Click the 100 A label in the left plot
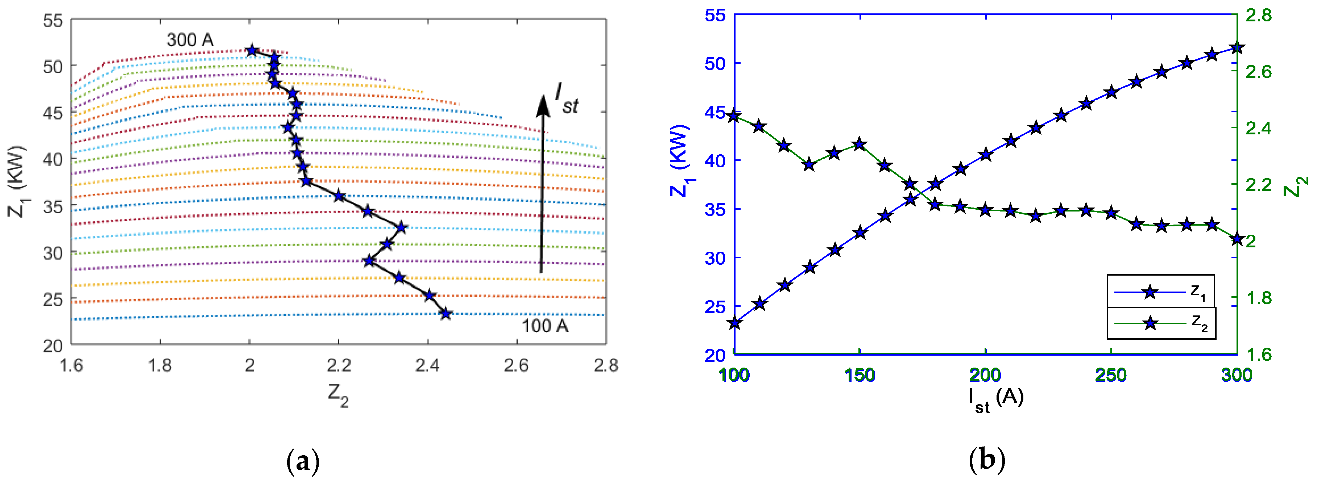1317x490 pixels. coord(544,326)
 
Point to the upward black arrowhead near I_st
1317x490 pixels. coord(543,105)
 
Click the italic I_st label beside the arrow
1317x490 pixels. coord(566,98)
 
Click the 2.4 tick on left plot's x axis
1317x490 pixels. coord(427,365)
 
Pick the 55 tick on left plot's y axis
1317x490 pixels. coord(53,21)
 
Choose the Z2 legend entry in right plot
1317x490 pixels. coord(1160,323)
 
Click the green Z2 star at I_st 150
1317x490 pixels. coord(860,145)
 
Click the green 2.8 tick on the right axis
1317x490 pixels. coord(1258,15)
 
